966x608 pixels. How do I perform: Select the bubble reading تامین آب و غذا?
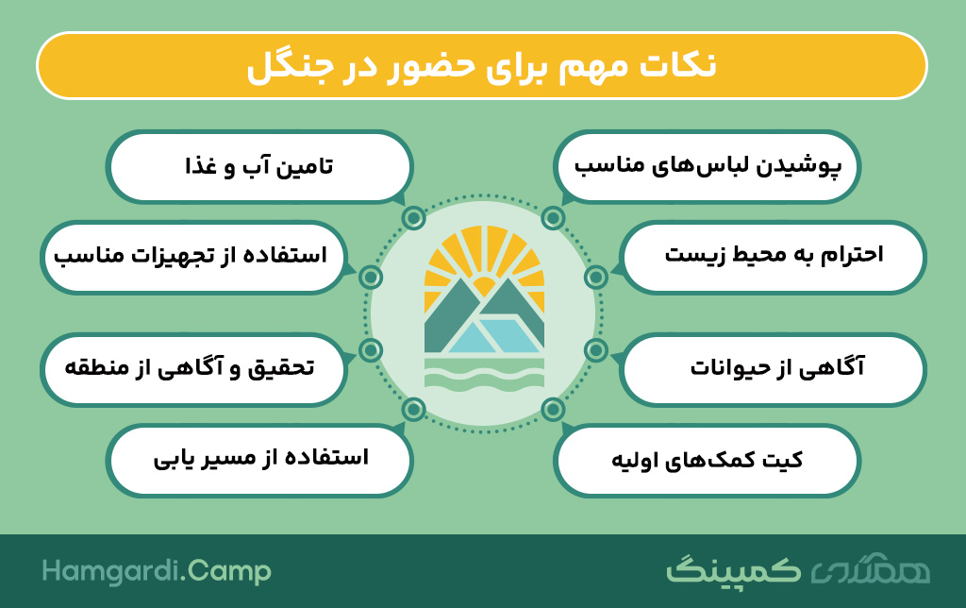coord(258,166)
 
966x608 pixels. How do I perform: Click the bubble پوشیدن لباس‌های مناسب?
coord(707,166)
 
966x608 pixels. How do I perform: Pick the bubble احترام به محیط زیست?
coord(774,257)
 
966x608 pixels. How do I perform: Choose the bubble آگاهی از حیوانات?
coord(774,369)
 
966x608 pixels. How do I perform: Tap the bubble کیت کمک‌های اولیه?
coord(707,460)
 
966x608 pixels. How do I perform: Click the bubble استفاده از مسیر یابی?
coord(258,460)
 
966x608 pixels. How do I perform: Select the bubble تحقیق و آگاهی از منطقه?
coord(193,369)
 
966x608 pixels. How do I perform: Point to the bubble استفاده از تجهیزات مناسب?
coord(193,257)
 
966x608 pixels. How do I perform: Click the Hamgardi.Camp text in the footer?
coord(157,571)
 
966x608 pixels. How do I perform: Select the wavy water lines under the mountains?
coord(484,372)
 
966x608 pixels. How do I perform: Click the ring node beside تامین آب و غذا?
coord(414,218)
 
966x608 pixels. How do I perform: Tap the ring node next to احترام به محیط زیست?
coord(596,278)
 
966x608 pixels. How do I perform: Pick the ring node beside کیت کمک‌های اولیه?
coord(553,410)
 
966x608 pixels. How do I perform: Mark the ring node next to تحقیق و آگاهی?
coord(371,350)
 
